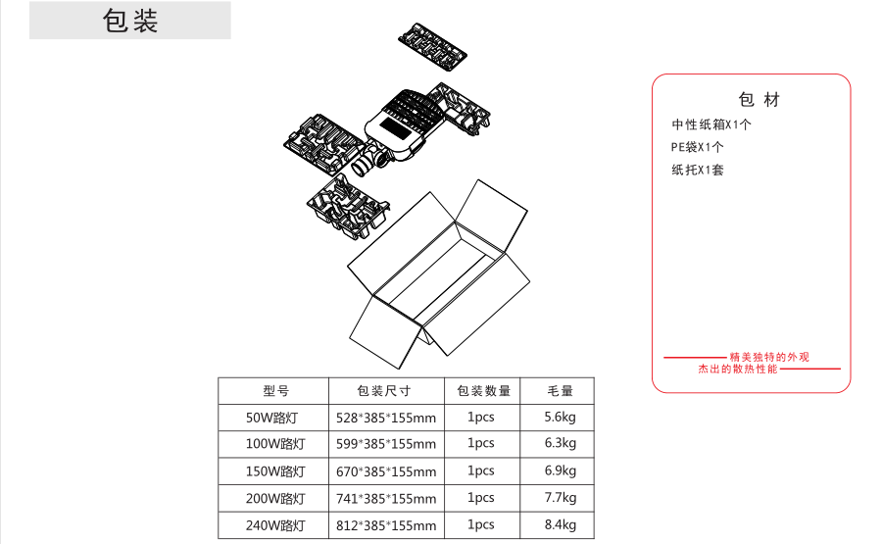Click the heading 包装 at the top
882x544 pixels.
pos(130,22)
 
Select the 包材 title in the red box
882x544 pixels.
pos(759,100)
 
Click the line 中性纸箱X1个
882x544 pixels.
pos(711,124)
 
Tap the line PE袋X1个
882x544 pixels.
pos(697,147)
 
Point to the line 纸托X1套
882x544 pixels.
pos(698,170)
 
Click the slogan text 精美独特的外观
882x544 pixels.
pos(769,357)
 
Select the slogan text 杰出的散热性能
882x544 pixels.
pos(738,369)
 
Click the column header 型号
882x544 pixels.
pos(275,390)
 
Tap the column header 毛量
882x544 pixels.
pos(560,390)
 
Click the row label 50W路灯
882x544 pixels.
pos(273,417)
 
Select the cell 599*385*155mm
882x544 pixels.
pos(386,444)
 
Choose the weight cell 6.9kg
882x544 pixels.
pos(560,470)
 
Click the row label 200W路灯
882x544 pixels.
pos(275,498)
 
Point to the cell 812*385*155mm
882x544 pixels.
pos(386,525)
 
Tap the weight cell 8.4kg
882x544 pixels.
pos(560,524)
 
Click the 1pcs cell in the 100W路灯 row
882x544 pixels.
pos(481,443)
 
